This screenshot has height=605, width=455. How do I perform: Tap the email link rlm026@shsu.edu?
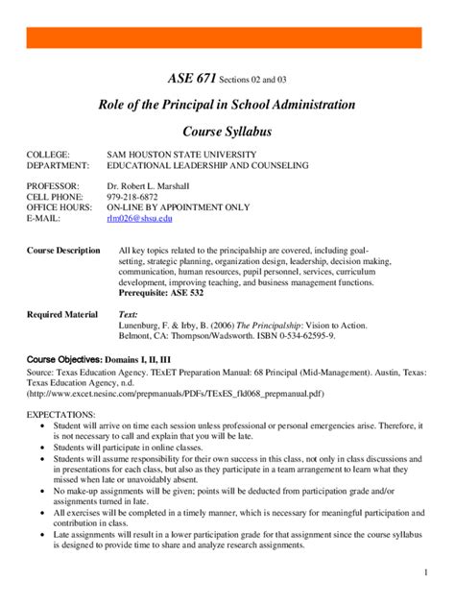[x=139, y=219]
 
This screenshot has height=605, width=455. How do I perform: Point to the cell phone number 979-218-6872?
[x=135, y=196]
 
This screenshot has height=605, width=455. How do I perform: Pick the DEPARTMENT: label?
[x=58, y=165]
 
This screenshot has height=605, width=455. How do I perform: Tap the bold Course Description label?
[x=63, y=250]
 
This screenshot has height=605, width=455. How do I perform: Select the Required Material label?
[x=62, y=314]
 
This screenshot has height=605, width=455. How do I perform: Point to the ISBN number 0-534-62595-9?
[x=293, y=337]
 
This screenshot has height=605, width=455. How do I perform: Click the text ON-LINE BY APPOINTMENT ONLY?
[x=178, y=207]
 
